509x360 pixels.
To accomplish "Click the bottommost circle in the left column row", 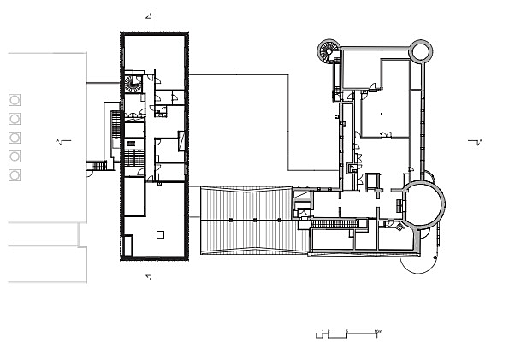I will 15,174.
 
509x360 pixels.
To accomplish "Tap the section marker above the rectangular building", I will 150,16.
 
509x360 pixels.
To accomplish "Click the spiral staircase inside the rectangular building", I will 133,86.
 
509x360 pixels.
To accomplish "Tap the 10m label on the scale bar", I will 376,330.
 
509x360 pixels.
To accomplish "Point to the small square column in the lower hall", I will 159,233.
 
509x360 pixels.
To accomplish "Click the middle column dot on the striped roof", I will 255,221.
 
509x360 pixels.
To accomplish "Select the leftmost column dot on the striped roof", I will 230,221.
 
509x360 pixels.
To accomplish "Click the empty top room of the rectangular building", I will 154,51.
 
